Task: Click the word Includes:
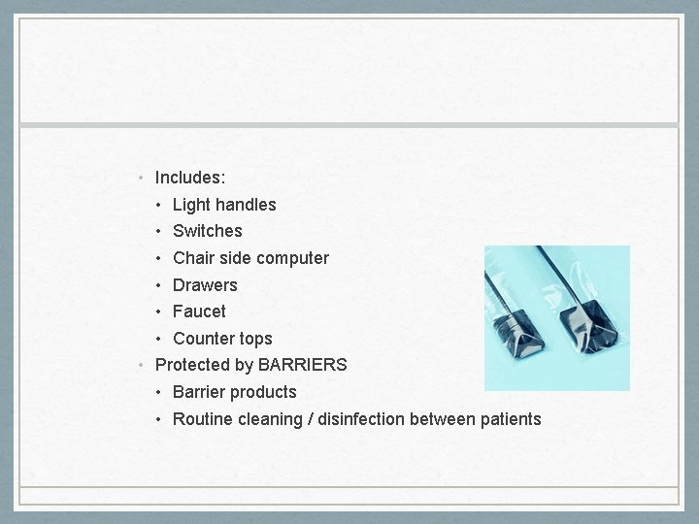tap(190, 179)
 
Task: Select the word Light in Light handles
tap(191, 205)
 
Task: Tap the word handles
tap(246, 205)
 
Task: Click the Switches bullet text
tap(207, 231)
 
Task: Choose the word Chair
tap(193, 258)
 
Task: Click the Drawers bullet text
tap(205, 285)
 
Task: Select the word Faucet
tap(199, 311)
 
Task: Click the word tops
tap(255, 339)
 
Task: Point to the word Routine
tap(202, 419)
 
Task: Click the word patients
tap(511, 419)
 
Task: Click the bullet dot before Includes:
tap(142, 179)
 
